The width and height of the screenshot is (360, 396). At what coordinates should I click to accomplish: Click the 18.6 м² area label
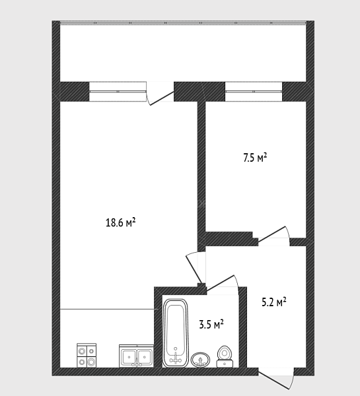pos(121,222)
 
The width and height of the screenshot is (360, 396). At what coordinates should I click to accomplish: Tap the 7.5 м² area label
pos(255,158)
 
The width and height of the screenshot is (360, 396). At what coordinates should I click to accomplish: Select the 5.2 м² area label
pos(274,302)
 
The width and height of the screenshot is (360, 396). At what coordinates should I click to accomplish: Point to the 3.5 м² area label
pos(211,324)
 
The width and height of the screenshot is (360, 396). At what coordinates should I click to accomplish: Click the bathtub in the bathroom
pos(176,333)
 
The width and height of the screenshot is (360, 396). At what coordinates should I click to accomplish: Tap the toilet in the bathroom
pos(225,356)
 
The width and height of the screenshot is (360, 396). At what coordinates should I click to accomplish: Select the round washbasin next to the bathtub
pos(201,360)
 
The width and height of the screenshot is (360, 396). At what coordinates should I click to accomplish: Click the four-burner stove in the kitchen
pos(87,355)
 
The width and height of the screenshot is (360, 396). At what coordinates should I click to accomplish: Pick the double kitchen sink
pos(137,356)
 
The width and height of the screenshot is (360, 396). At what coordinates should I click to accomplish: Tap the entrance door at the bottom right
pos(276,379)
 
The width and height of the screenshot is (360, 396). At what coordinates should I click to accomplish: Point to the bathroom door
pos(223,285)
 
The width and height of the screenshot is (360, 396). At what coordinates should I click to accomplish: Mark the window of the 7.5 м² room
pos(254,92)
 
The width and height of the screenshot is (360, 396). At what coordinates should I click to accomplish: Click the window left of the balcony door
pos(118,92)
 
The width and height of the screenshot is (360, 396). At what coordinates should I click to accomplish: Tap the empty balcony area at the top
pos(183,53)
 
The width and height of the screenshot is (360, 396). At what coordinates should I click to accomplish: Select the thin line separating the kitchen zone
pos(107,309)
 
